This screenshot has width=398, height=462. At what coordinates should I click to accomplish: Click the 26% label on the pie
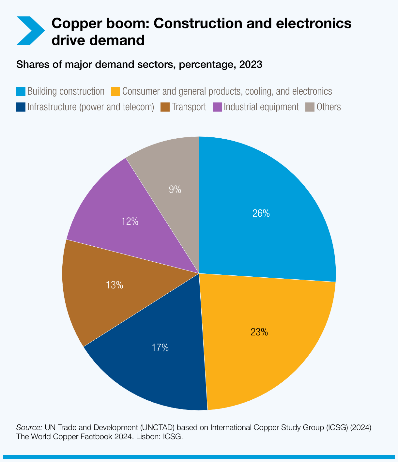[261, 213]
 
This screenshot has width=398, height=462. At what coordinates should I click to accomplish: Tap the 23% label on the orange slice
[259, 332]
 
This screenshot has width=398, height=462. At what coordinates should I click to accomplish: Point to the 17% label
[160, 348]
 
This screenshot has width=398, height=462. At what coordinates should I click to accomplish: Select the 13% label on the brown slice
[115, 285]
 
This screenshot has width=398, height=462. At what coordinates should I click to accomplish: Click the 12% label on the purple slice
[130, 222]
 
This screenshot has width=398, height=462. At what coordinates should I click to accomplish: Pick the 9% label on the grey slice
[175, 190]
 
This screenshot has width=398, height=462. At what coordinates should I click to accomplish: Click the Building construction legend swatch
[21, 91]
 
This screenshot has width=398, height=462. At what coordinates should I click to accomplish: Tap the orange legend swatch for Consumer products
[116, 91]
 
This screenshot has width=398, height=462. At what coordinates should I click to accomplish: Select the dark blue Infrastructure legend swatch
[21, 107]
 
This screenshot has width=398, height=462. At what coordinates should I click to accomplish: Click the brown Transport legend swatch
[165, 107]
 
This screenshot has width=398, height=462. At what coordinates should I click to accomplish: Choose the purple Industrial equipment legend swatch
[217, 107]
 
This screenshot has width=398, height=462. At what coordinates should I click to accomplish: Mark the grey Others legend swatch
[310, 107]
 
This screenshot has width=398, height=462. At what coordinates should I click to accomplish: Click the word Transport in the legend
[189, 107]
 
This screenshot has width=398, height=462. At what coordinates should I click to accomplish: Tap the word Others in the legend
[329, 107]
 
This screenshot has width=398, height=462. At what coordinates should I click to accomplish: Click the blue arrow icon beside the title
[30, 31]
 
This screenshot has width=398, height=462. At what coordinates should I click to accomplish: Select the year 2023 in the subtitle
[251, 65]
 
